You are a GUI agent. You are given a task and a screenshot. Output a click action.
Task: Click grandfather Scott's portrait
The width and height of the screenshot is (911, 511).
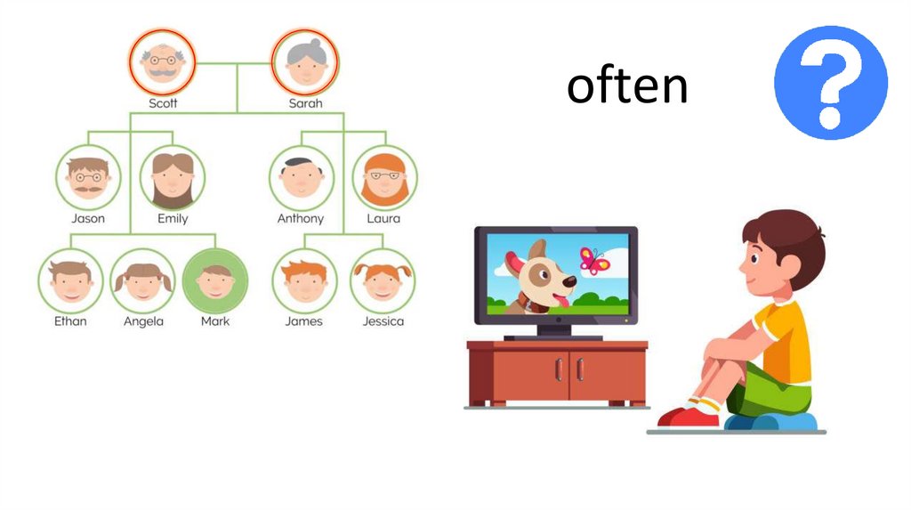[x=162, y=62]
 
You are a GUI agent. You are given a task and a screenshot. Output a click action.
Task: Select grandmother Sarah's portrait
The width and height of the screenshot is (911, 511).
[x=304, y=62]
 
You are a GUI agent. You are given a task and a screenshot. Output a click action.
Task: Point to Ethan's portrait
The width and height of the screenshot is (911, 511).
[x=70, y=280]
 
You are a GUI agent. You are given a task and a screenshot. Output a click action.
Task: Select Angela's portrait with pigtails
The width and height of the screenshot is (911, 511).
[x=143, y=280]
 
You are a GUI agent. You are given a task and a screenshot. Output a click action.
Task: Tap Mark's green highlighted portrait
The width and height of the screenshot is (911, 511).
[x=214, y=280]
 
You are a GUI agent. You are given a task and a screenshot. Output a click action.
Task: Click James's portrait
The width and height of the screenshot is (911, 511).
[x=303, y=280]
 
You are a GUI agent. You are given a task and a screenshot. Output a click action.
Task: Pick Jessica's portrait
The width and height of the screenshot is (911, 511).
[x=383, y=280]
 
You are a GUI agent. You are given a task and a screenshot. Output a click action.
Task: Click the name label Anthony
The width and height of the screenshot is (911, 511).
[x=301, y=219]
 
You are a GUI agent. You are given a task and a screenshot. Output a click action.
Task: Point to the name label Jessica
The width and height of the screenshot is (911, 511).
[x=383, y=321]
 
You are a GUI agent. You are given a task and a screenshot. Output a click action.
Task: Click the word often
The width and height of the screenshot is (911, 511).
[x=627, y=86]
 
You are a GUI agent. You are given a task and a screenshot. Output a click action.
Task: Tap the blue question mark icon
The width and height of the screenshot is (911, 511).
[x=830, y=82]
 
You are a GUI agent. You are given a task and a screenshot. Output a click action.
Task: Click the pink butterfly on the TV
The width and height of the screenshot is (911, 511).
[x=593, y=260]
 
